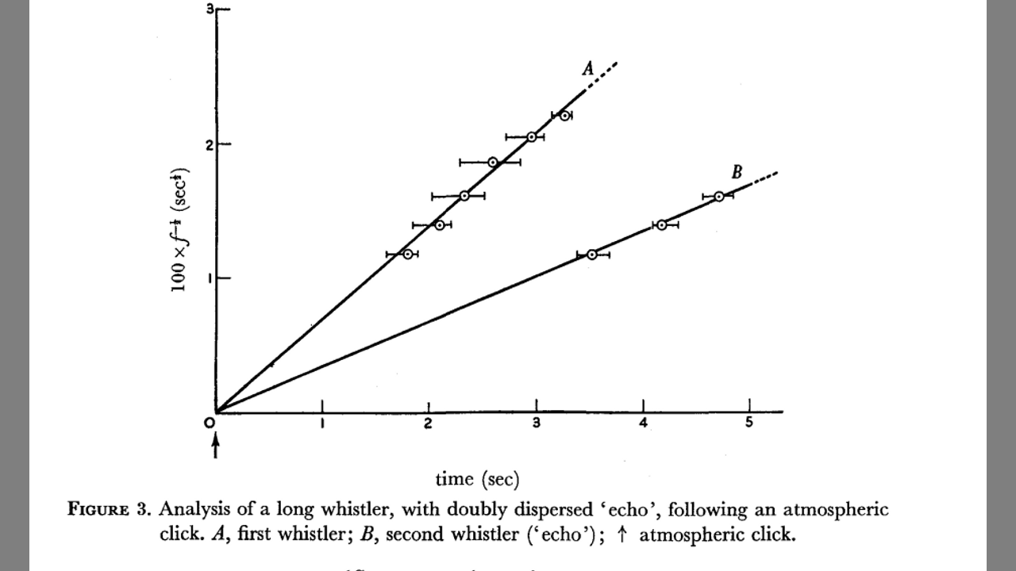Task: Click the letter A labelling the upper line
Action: point(588,70)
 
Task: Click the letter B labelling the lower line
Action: point(736,172)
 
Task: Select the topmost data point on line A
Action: point(564,116)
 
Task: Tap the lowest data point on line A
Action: point(407,255)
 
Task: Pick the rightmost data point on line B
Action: point(718,197)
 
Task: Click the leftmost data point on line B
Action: point(591,255)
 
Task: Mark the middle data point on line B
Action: point(661,225)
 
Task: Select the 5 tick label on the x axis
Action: point(749,423)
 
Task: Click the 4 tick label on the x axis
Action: point(643,423)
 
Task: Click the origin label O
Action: point(210,423)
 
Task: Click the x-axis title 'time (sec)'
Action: point(477,479)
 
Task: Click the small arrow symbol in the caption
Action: point(622,534)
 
